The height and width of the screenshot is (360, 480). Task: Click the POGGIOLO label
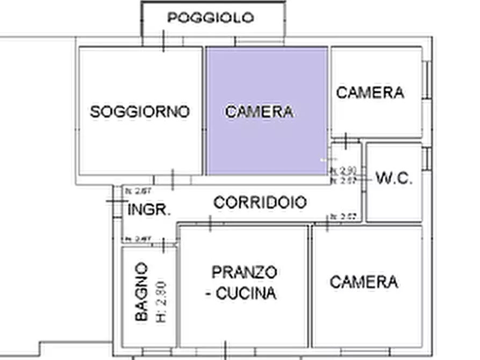pos(210,18)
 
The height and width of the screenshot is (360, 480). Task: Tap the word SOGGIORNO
pos(140,112)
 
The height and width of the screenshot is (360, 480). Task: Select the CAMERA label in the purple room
pos(260,112)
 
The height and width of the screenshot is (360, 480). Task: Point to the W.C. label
pos(394,179)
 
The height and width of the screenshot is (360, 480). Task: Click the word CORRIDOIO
pos(260,203)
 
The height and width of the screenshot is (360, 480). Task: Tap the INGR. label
pos(149,210)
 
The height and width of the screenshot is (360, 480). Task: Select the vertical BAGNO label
pos(141,292)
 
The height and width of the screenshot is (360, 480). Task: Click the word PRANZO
pos(245,272)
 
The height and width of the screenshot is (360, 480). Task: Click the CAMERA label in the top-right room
pos(370,92)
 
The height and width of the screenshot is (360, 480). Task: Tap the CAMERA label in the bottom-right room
pos(364,282)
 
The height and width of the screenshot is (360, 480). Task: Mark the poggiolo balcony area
pos(213,30)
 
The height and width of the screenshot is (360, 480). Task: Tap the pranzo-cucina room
pos(243,322)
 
